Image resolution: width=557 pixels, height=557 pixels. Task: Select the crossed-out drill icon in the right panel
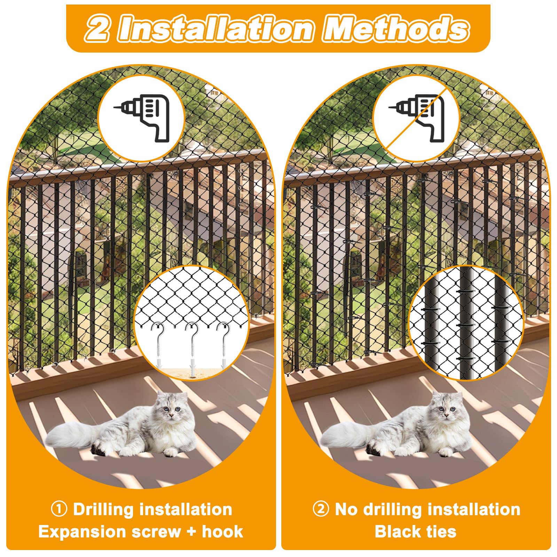click(x=417, y=117)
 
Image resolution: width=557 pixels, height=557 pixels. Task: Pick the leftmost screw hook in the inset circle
click(x=158, y=345)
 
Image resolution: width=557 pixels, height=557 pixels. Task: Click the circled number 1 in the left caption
click(x=59, y=509)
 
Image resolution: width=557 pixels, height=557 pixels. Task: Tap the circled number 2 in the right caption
click(x=321, y=509)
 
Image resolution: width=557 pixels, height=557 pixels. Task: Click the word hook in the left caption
click(x=222, y=532)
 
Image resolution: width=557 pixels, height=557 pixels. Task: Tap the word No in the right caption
click(x=346, y=509)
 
